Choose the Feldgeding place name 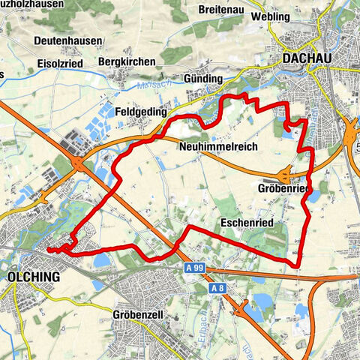(x=138, y=109)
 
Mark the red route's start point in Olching (x=48, y=250)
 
